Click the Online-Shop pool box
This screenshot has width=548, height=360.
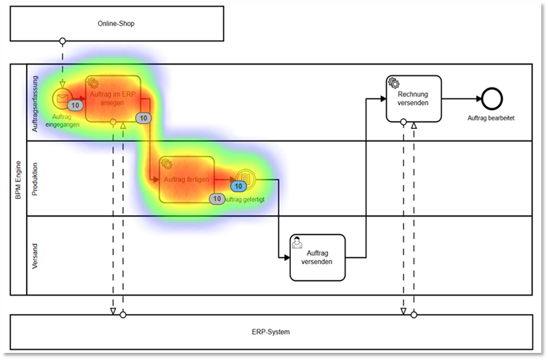[x=116, y=23]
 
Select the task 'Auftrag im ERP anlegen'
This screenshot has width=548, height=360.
[x=113, y=97]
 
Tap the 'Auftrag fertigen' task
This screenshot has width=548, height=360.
[x=187, y=179]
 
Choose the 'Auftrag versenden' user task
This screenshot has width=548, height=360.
[x=317, y=257]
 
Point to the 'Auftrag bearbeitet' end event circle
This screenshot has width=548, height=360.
[x=491, y=98]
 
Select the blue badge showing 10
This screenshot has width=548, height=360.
[x=239, y=186]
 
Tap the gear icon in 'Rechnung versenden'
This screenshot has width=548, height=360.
[x=394, y=82]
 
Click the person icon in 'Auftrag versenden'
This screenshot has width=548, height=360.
[x=297, y=242]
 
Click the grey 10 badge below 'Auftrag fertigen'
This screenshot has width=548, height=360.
[x=216, y=199]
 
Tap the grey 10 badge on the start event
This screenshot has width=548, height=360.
[x=75, y=105]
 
